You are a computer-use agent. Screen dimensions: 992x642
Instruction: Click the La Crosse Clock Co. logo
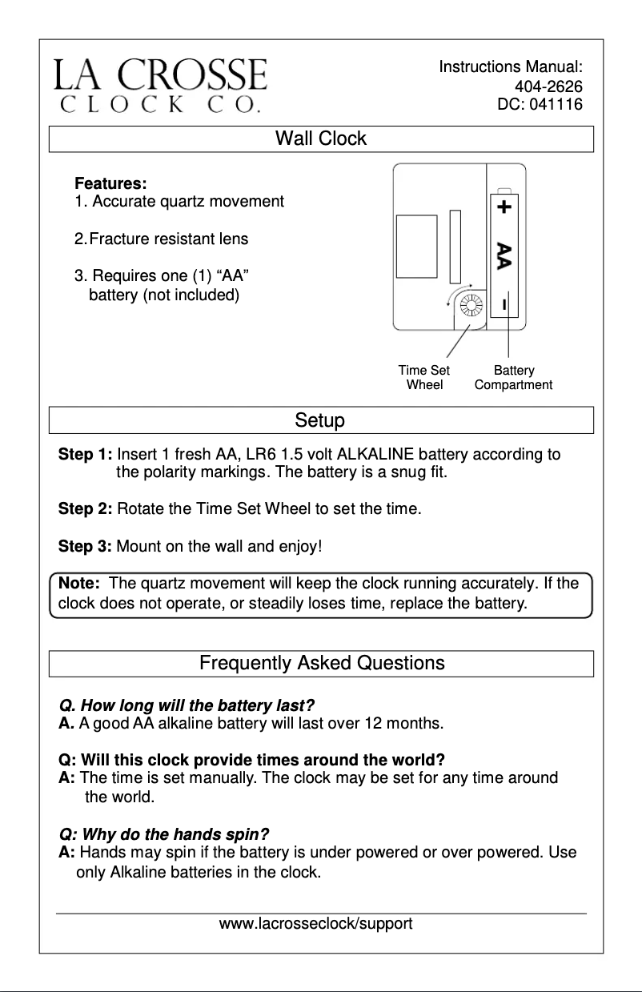click(160, 84)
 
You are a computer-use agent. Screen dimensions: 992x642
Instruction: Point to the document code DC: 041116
click(540, 104)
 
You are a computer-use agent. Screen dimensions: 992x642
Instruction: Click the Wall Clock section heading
click(320, 139)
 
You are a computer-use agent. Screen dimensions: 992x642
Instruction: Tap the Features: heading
click(110, 184)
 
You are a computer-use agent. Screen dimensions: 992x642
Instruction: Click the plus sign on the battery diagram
click(504, 207)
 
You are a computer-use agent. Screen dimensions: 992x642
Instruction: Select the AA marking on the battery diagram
click(504, 255)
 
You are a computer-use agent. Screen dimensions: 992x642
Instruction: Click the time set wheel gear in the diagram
click(471, 305)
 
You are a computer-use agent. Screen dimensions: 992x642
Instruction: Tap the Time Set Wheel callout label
click(424, 377)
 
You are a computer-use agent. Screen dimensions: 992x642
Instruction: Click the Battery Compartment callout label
click(513, 377)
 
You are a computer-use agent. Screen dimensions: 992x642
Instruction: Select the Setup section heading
click(320, 420)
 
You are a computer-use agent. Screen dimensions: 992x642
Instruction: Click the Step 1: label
click(85, 456)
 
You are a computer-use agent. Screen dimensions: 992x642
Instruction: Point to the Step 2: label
click(85, 508)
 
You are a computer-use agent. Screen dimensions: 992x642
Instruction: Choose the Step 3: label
click(85, 547)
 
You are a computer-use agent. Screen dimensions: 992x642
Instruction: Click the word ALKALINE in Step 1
click(375, 456)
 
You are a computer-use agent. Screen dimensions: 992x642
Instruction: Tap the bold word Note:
click(78, 584)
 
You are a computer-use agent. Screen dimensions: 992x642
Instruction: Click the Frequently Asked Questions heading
click(321, 663)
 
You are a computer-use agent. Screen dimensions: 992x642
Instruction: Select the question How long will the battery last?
click(187, 706)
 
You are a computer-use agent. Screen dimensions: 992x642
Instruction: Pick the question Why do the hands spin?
click(164, 834)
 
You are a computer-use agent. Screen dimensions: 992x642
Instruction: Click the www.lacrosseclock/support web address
click(315, 924)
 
